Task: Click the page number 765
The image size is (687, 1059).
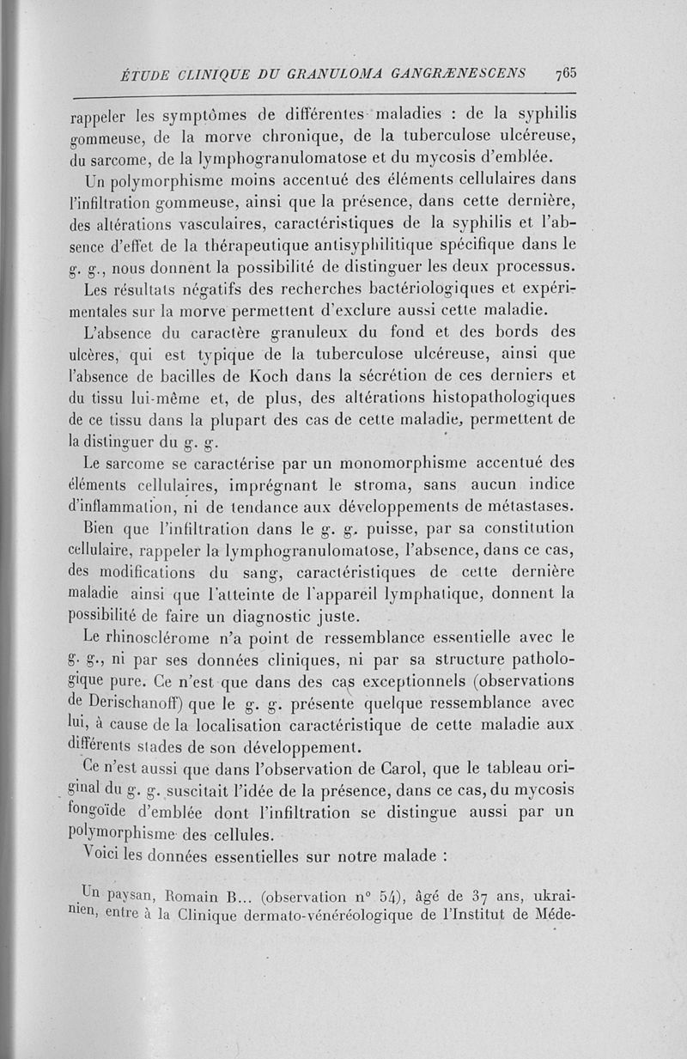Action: coord(564,72)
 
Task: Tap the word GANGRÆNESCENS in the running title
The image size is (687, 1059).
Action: coord(461,73)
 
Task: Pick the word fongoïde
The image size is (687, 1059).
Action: coord(107,812)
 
